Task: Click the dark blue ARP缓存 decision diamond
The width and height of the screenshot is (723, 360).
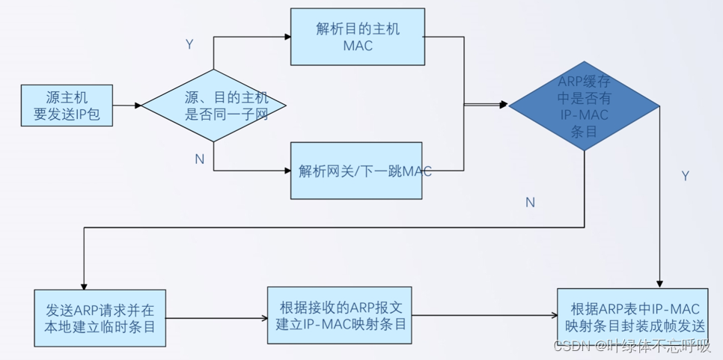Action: click(584, 106)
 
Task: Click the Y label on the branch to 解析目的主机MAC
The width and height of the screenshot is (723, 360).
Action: click(189, 45)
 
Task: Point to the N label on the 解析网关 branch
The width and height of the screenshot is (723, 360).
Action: click(199, 159)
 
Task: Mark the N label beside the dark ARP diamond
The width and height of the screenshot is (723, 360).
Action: click(530, 202)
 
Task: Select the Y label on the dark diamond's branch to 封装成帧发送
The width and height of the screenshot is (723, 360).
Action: click(685, 176)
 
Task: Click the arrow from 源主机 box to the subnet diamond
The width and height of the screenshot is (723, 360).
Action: click(127, 106)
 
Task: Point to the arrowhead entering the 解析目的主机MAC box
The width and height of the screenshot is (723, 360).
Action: click(287, 37)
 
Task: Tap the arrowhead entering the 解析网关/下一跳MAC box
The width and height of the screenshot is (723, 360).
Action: click(287, 171)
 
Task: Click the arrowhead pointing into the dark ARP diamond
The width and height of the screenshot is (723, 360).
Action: click(505, 106)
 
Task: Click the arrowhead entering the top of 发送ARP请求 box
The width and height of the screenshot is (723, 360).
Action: click(85, 281)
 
